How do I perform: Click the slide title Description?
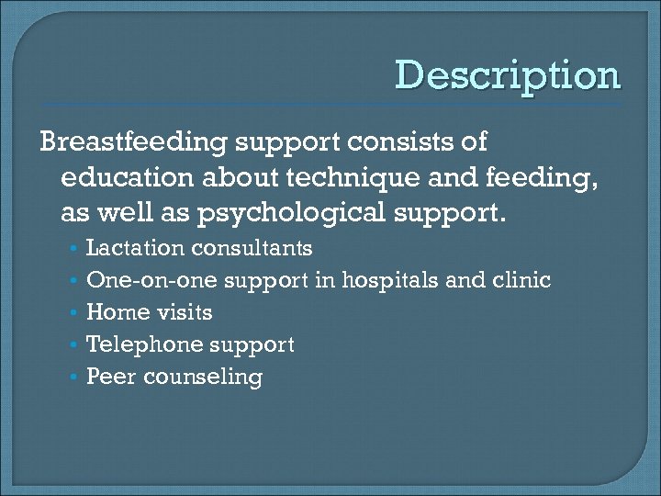(508, 76)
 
